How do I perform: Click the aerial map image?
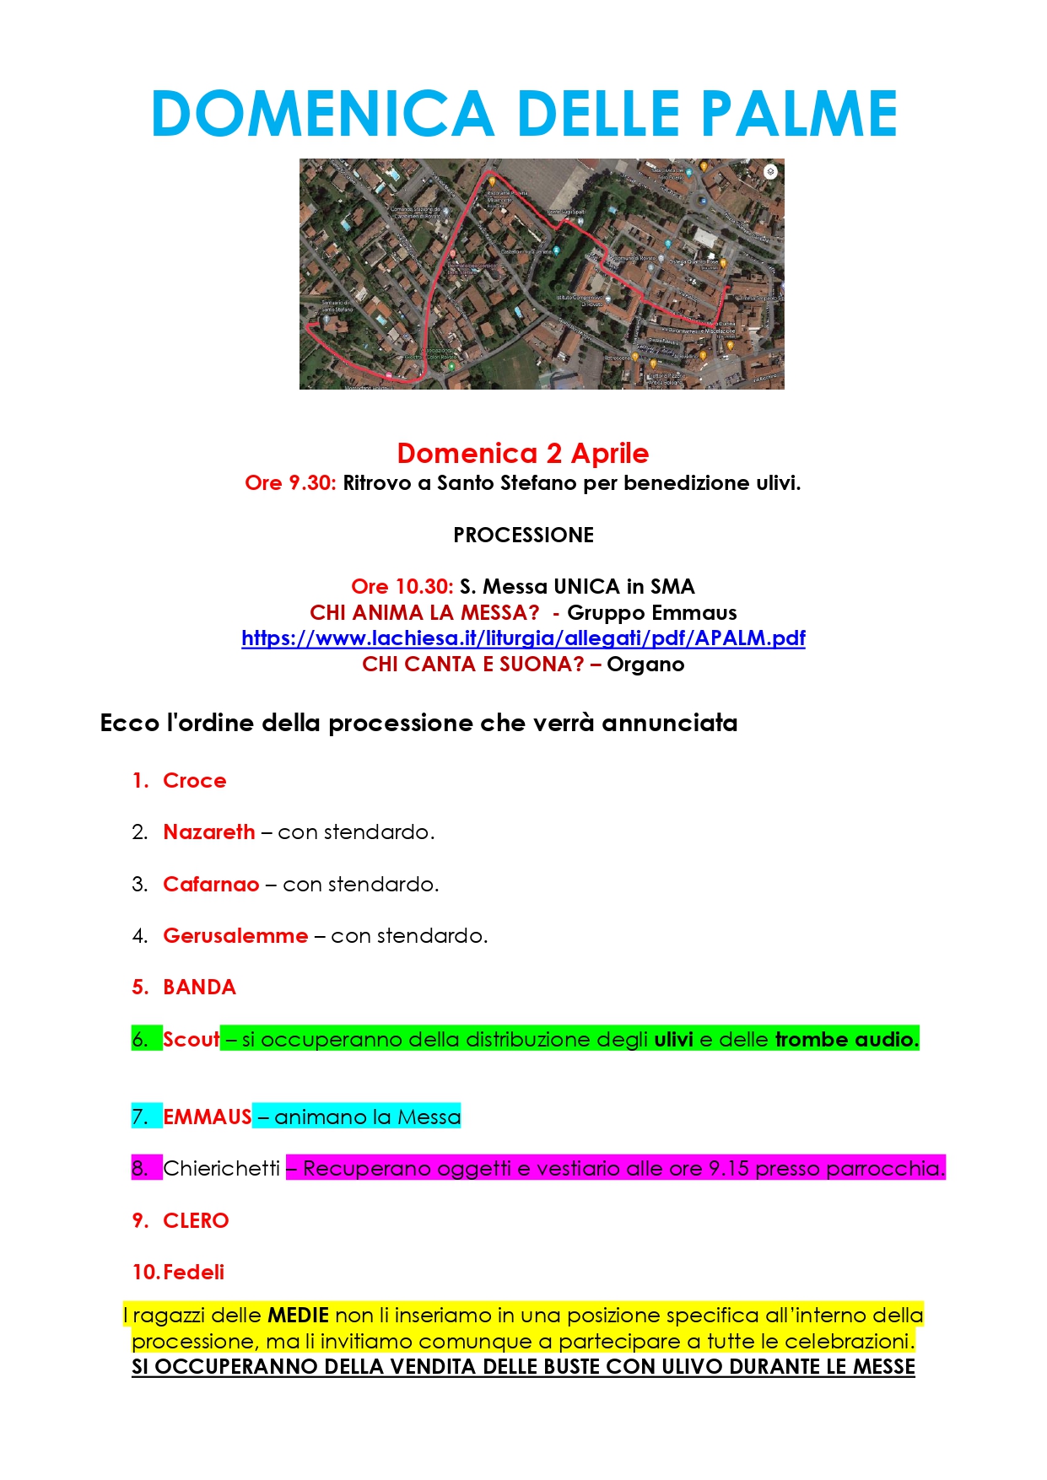point(542,274)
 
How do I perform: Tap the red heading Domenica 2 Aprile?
point(523,454)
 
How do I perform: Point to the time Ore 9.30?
point(290,483)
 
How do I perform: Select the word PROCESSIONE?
point(523,535)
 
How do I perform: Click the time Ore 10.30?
point(402,587)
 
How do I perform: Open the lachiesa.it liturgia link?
point(523,638)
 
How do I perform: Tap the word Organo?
point(645,665)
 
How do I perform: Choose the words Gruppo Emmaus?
point(651,613)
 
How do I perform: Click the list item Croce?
point(194,781)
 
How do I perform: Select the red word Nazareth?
point(208,832)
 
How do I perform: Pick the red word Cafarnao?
point(211,885)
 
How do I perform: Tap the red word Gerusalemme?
point(235,936)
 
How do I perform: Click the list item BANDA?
point(199,988)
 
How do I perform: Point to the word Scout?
point(191,1040)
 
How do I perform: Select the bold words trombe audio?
point(846,1040)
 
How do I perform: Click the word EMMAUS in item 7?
point(208,1117)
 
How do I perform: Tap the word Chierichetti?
point(221,1169)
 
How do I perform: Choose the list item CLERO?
point(196,1221)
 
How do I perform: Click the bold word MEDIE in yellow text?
point(298,1316)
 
